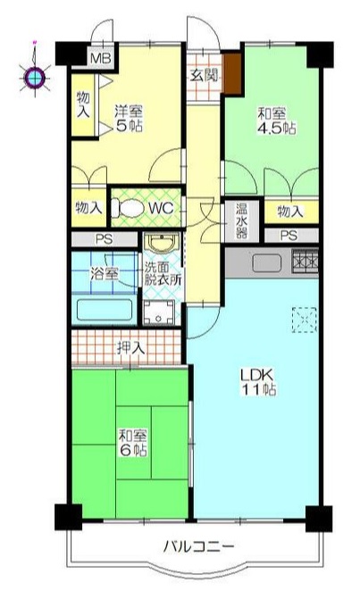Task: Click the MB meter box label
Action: pyautogui.click(x=101, y=59)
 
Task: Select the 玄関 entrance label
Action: pyautogui.click(x=204, y=75)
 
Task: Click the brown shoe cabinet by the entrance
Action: pyautogui.click(x=232, y=73)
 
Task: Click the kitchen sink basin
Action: pyautogui.click(x=266, y=262)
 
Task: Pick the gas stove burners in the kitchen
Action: pyautogui.click(x=305, y=261)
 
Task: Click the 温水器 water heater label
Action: pyautogui.click(x=241, y=221)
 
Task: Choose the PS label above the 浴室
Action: pyautogui.click(x=104, y=239)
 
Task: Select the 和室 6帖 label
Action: pyautogui.click(x=133, y=443)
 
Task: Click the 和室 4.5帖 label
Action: pyautogui.click(x=276, y=121)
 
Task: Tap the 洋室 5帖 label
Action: pyautogui.click(x=129, y=119)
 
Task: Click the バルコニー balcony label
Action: pyautogui.click(x=199, y=545)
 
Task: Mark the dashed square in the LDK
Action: pyautogui.click(x=305, y=320)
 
